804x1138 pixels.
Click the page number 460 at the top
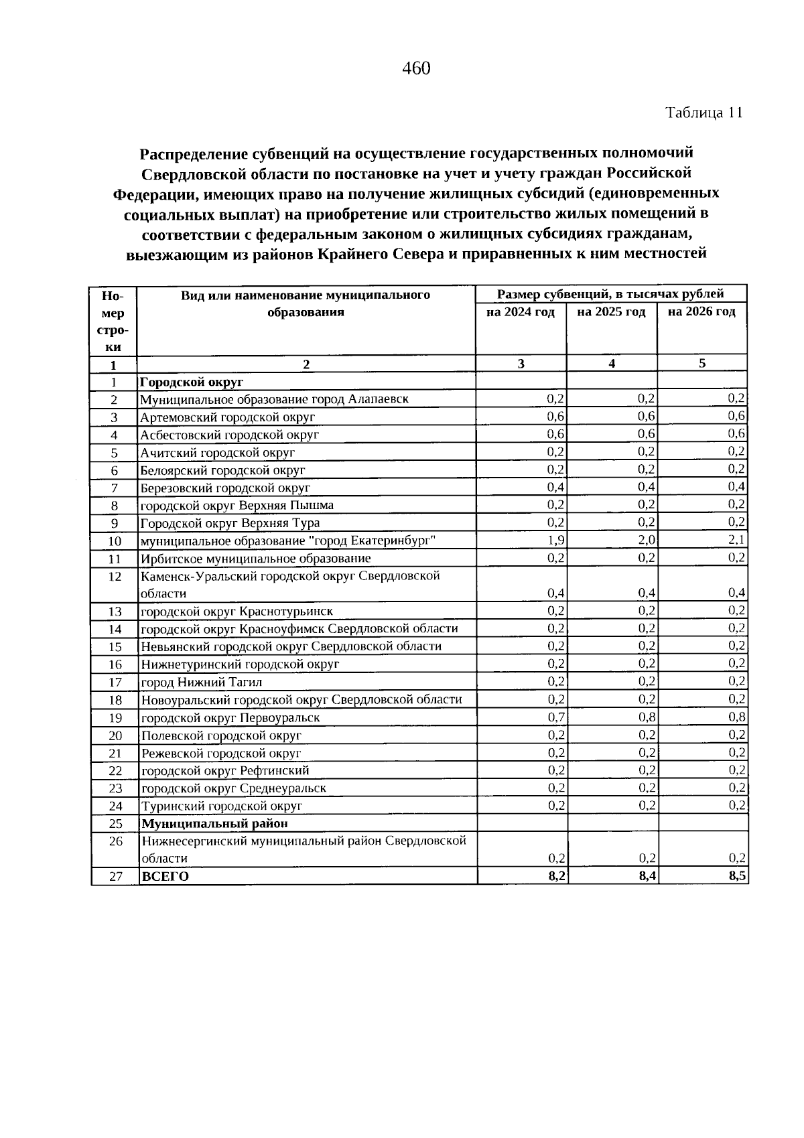(416, 68)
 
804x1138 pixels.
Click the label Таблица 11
(703, 113)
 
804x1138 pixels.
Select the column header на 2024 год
(521, 312)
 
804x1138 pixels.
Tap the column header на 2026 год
(701, 311)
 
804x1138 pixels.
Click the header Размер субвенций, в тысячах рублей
(610, 294)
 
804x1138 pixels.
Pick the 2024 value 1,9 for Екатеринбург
(556, 540)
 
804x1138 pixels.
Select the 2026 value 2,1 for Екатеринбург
(737, 540)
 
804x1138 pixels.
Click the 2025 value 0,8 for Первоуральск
(647, 717)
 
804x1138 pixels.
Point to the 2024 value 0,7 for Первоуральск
(556, 717)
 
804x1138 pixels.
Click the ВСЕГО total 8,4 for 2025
(647, 876)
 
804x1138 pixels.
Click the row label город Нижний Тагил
(201, 683)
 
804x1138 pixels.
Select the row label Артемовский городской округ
(227, 417)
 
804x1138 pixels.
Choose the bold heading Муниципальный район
(214, 824)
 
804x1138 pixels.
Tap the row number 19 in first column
(115, 718)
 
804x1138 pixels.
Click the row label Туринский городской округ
(221, 806)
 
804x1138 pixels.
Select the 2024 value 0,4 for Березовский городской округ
(556, 487)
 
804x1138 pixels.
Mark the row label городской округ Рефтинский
(224, 771)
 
